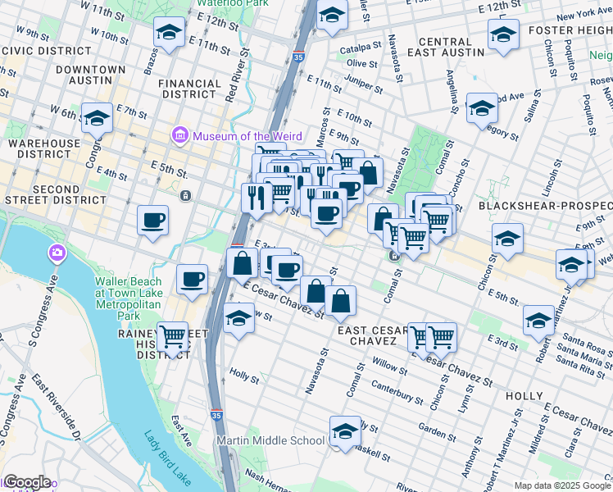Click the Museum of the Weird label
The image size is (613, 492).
247,136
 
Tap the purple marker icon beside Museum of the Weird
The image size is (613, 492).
179,134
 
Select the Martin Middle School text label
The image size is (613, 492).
270,441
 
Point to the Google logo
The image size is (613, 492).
26,482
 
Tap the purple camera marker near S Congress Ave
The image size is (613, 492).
57,252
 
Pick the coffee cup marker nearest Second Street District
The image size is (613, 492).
153,220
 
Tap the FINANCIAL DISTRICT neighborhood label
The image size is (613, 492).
190,89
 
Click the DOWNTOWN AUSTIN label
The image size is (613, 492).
91,76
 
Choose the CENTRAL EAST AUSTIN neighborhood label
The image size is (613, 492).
452,47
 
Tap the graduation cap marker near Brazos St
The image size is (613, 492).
169,32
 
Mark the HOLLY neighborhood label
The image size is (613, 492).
524,396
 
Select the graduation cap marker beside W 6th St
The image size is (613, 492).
97,118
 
